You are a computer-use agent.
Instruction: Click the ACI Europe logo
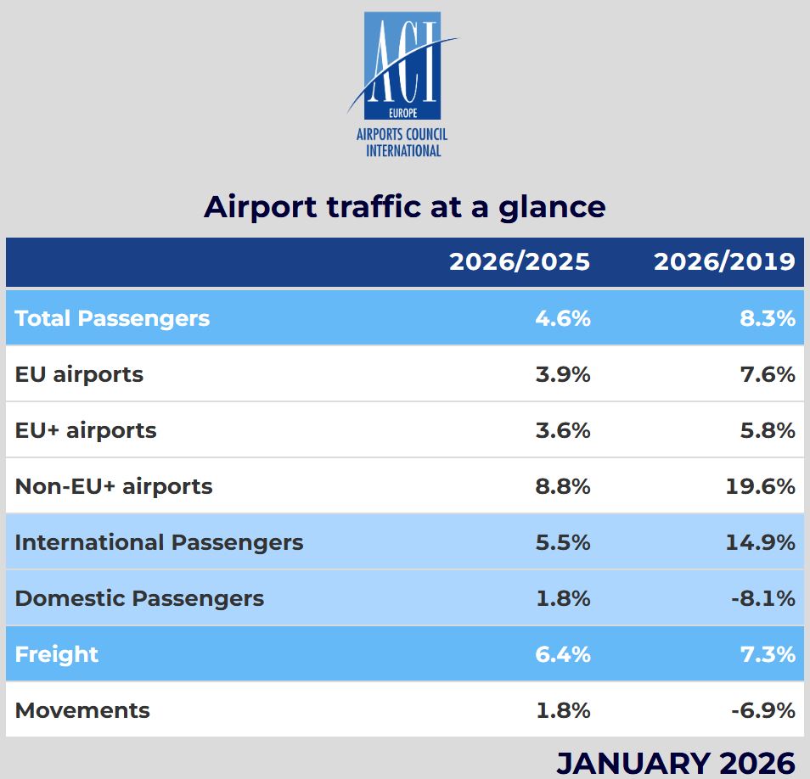(x=402, y=85)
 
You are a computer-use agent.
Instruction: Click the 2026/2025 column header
(x=519, y=261)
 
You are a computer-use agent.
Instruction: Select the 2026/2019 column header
(x=724, y=261)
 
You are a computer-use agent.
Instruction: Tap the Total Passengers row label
(x=112, y=318)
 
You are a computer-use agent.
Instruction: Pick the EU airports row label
(x=79, y=375)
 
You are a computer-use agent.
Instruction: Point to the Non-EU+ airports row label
(x=114, y=486)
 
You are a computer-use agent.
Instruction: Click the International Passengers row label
(x=159, y=542)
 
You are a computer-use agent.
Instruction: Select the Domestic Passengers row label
(x=139, y=598)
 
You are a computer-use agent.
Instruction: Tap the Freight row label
(x=56, y=654)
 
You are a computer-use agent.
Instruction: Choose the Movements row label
(x=82, y=711)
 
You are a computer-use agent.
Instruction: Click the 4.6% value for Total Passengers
(x=563, y=318)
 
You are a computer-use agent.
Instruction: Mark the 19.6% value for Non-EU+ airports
(x=761, y=486)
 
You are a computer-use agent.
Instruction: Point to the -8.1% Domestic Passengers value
(x=763, y=599)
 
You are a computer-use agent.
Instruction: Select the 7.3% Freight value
(x=768, y=654)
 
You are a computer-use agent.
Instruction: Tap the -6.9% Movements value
(x=763, y=711)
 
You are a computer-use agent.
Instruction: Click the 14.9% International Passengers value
(x=761, y=542)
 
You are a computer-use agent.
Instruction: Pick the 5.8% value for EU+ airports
(x=768, y=430)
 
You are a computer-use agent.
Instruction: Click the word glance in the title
(x=552, y=208)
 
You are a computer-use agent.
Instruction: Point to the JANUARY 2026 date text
(x=676, y=763)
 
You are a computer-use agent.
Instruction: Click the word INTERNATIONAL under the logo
(x=403, y=151)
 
